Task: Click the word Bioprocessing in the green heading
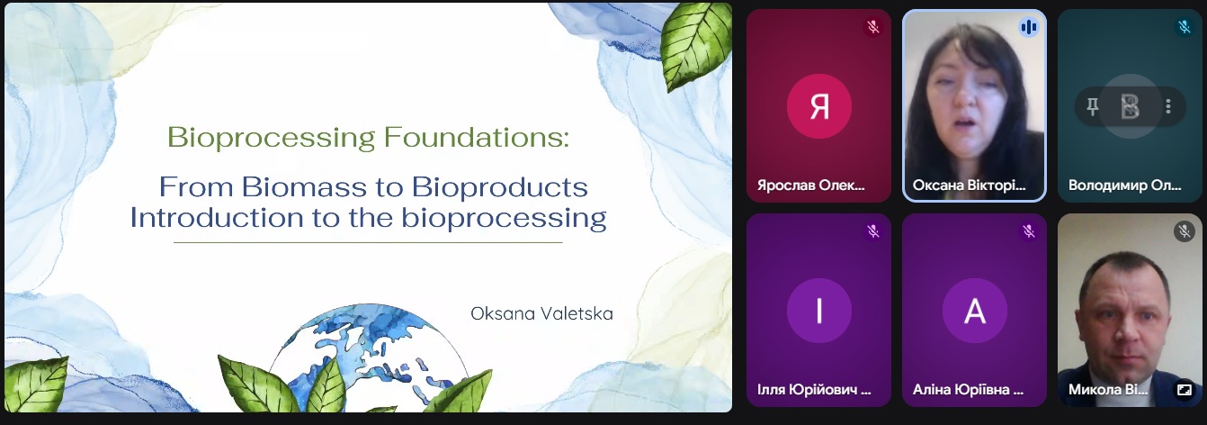(x=271, y=138)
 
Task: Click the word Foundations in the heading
(x=477, y=137)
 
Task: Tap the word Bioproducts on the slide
(x=499, y=188)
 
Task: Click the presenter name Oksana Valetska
(x=541, y=313)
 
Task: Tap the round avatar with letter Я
(x=819, y=106)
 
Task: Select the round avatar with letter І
(x=819, y=310)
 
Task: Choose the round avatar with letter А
(x=975, y=310)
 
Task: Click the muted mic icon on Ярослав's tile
(x=873, y=26)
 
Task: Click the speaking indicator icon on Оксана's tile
(x=1029, y=27)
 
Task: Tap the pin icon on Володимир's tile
(x=1092, y=106)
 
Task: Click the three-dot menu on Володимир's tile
(x=1168, y=106)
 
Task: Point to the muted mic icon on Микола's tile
(x=1185, y=231)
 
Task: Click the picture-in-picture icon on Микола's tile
(x=1185, y=389)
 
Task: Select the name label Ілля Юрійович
(x=814, y=389)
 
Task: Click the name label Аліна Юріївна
(x=968, y=389)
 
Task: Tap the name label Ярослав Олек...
(x=811, y=185)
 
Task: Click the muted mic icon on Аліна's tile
(x=1029, y=231)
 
